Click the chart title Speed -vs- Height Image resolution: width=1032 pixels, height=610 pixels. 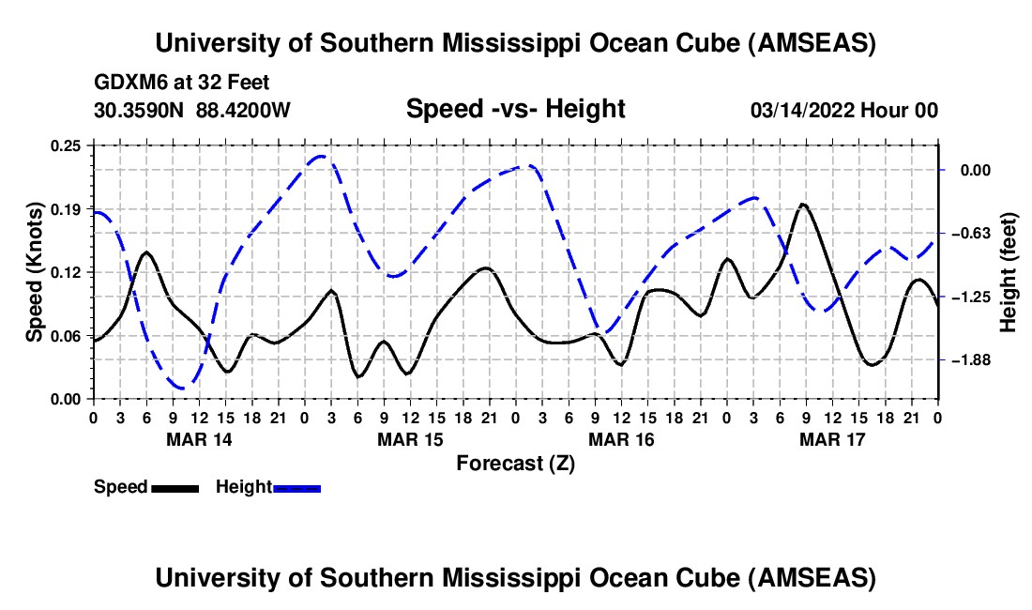[x=515, y=109]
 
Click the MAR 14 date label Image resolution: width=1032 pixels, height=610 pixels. [x=199, y=439]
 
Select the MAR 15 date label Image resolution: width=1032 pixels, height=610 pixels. [x=410, y=439]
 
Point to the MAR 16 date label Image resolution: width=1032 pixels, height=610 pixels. [x=621, y=439]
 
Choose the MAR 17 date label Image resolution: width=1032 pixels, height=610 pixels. [x=832, y=439]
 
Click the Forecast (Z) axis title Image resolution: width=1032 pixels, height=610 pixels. [x=515, y=463]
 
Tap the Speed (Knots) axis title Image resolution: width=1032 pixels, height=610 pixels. [x=35, y=272]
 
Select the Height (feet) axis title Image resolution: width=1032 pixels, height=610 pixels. [x=1009, y=272]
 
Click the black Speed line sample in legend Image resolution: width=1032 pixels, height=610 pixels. [x=174, y=487]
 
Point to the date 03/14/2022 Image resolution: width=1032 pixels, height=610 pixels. [x=800, y=110]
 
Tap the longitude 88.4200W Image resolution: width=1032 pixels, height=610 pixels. [x=243, y=110]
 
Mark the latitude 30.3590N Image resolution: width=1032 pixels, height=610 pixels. [x=140, y=110]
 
